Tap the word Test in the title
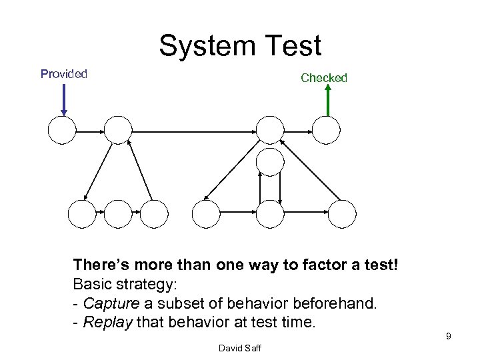click(291, 46)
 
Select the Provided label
click(64, 74)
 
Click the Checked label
click(324, 78)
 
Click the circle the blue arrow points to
click(62, 131)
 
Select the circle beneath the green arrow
click(327, 130)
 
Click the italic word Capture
click(111, 304)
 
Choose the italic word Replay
click(107, 323)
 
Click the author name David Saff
click(240, 348)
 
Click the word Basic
click(92, 285)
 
